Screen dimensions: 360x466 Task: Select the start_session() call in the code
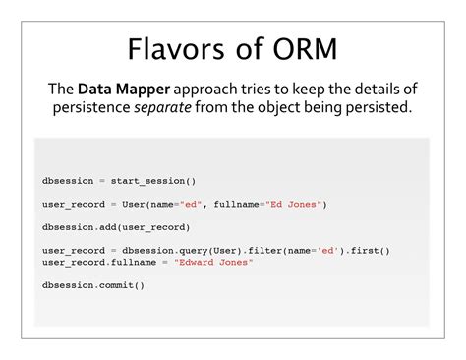[x=153, y=180]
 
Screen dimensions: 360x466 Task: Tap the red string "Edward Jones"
[x=213, y=262]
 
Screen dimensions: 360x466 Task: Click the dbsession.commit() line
[x=93, y=285]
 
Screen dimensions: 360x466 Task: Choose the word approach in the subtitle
[x=205, y=90]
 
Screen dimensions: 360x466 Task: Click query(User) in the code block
[x=229, y=250]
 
